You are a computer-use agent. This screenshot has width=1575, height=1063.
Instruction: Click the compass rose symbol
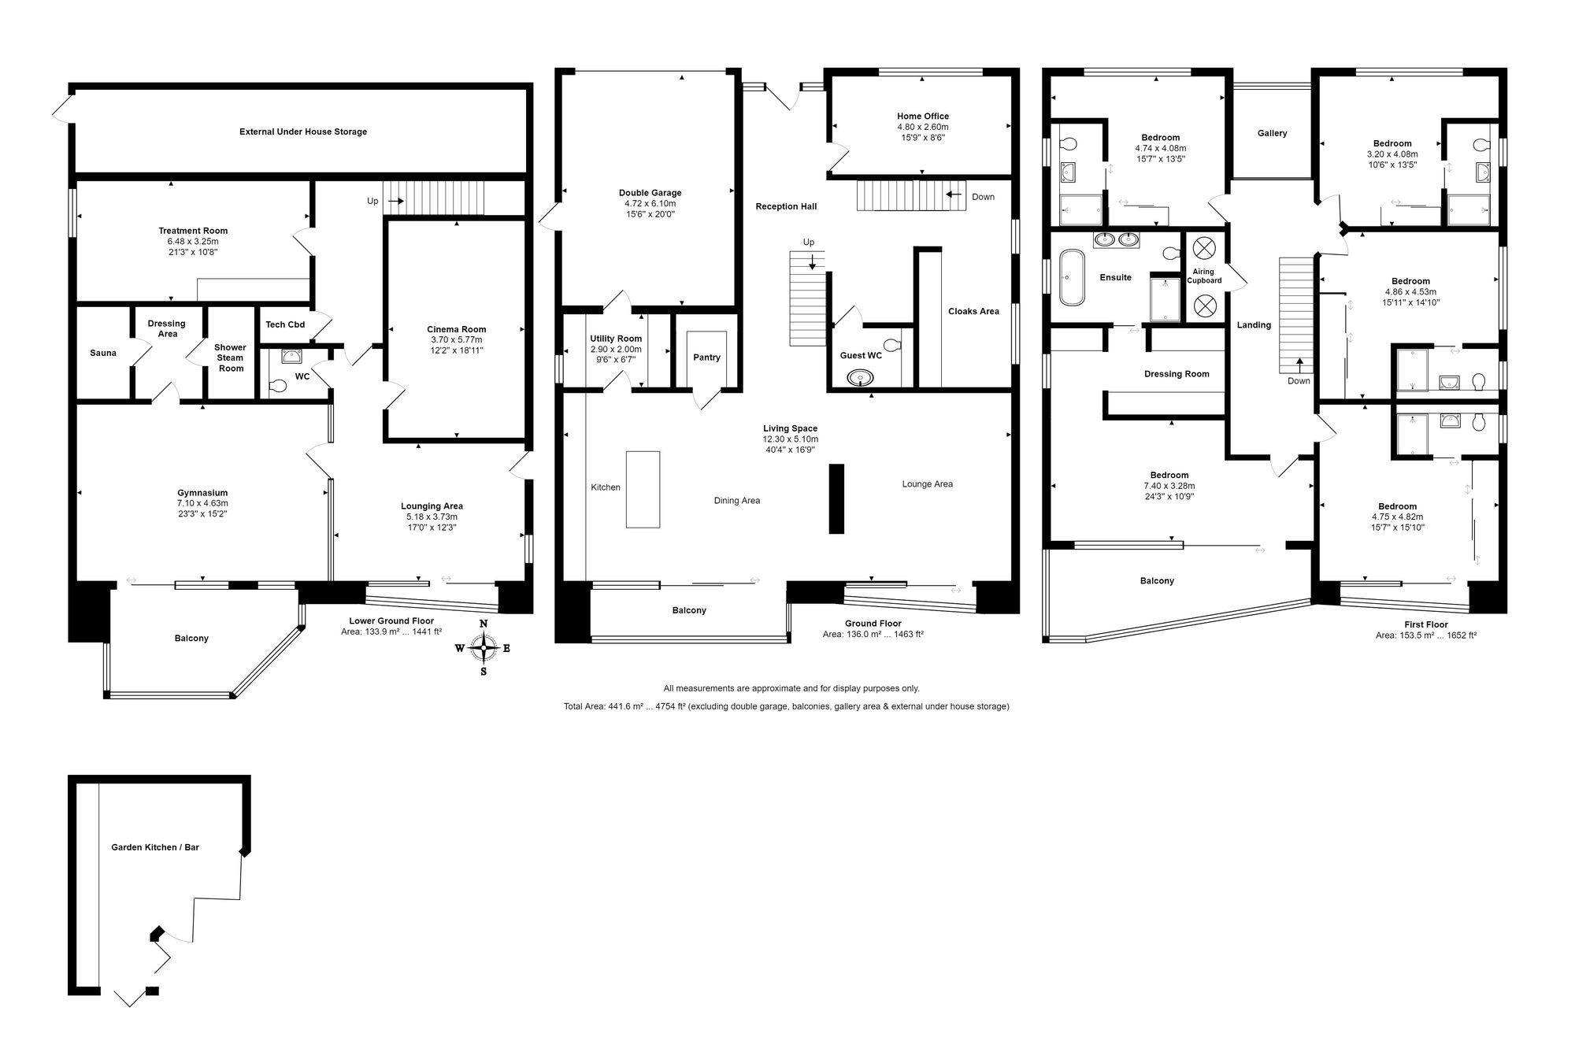(x=484, y=648)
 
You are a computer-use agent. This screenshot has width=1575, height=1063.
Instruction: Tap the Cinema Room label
(x=457, y=329)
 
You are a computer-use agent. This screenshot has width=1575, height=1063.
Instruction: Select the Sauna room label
(x=103, y=353)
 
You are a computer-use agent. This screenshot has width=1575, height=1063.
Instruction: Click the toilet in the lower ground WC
(x=277, y=387)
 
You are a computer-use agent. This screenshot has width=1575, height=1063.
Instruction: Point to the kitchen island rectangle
(x=643, y=489)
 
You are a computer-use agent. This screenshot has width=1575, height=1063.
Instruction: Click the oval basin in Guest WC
(x=861, y=378)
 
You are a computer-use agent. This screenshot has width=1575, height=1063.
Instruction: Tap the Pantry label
(x=706, y=357)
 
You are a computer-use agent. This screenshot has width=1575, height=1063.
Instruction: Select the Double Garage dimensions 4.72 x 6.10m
(x=650, y=203)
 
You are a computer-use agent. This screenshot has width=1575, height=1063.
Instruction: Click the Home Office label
(x=923, y=117)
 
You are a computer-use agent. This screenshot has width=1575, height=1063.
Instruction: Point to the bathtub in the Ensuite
(x=1071, y=277)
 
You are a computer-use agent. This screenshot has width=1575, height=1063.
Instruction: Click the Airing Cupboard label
(x=1204, y=276)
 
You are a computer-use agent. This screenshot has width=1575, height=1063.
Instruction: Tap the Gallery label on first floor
(x=1272, y=133)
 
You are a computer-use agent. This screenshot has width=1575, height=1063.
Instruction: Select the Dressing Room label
(x=1177, y=374)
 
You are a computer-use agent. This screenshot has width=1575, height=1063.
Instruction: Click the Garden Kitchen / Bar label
(x=155, y=847)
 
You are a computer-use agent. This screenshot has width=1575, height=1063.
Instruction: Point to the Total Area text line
(x=786, y=706)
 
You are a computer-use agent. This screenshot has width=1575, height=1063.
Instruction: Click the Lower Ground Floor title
(x=391, y=620)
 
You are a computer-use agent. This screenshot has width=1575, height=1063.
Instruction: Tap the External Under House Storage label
(x=303, y=131)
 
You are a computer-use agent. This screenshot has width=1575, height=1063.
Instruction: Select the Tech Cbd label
(x=285, y=324)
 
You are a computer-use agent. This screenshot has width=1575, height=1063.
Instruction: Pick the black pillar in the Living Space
(x=836, y=498)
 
